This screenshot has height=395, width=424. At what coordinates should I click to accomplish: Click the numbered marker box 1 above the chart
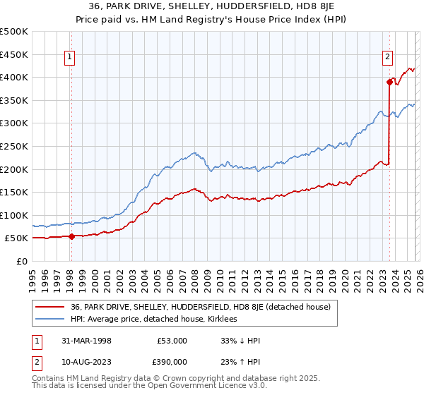71,59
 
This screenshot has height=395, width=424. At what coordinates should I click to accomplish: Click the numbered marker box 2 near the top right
388,59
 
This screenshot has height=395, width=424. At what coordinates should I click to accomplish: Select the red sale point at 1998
71,236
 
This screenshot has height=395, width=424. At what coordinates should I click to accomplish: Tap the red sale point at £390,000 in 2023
389,82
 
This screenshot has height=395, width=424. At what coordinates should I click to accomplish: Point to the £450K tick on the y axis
14,54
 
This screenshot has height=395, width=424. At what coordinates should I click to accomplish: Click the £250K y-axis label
14,146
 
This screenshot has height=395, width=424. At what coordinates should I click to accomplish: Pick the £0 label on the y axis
21,261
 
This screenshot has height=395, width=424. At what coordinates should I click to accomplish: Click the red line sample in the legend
51,307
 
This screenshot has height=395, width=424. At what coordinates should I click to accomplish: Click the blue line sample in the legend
51,319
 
